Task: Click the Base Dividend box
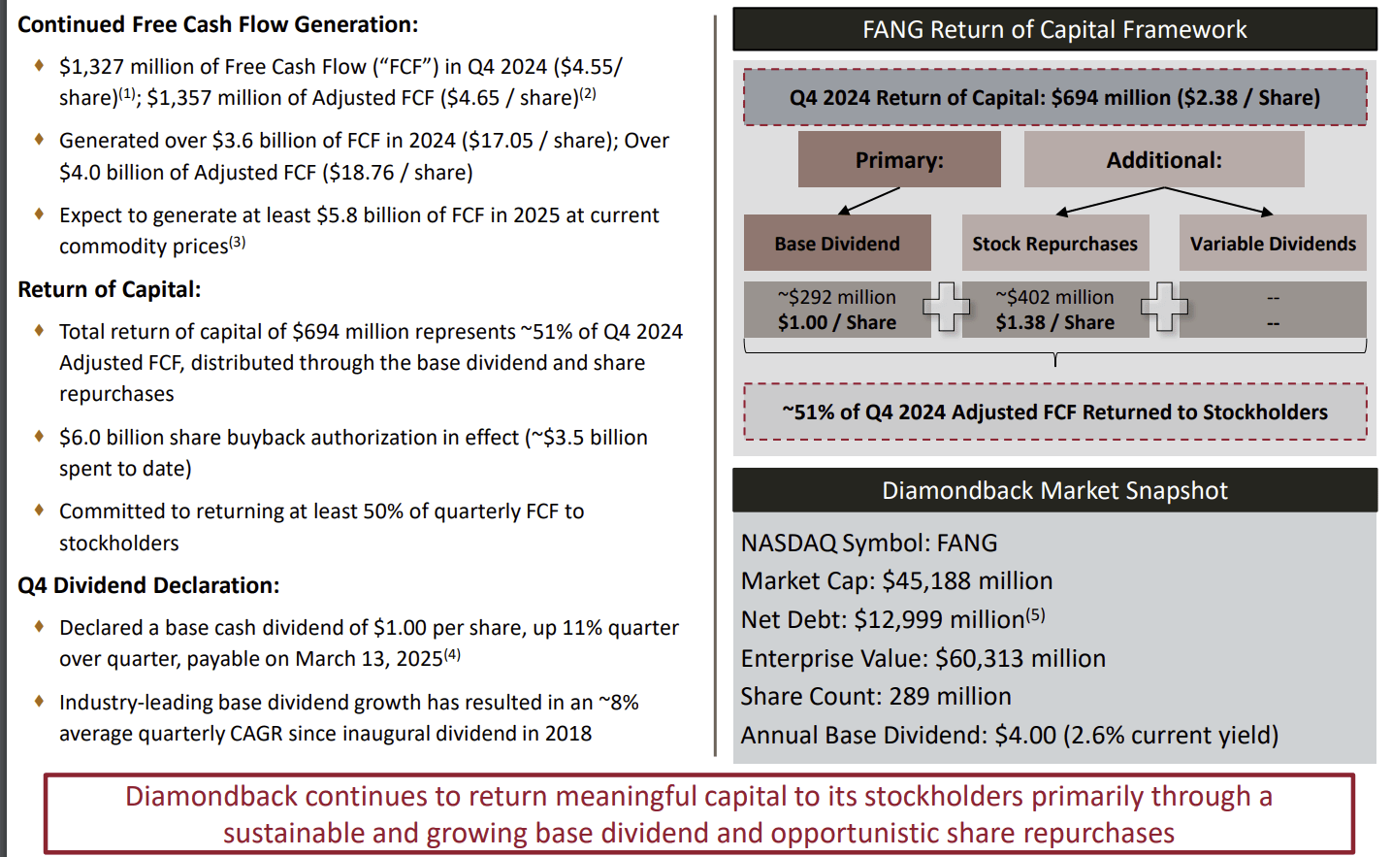[x=837, y=243]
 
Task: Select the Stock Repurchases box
[x=1054, y=243]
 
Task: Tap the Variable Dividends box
[x=1273, y=243]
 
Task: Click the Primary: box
[x=899, y=159]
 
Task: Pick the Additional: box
[x=1164, y=159]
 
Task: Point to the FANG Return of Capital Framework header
[x=1054, y=29]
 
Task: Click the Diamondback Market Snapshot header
[x=1054, y=490]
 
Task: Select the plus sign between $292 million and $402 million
[x=946, y=307]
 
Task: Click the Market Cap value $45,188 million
[x=967, y=580]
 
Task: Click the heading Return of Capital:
[x=110, y=289]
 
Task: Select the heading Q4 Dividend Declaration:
[x=148, y=585]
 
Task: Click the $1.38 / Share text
[x=1054, y=322]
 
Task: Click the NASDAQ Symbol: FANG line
[x=869, y=543]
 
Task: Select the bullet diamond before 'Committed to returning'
[x=39, y=510]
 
